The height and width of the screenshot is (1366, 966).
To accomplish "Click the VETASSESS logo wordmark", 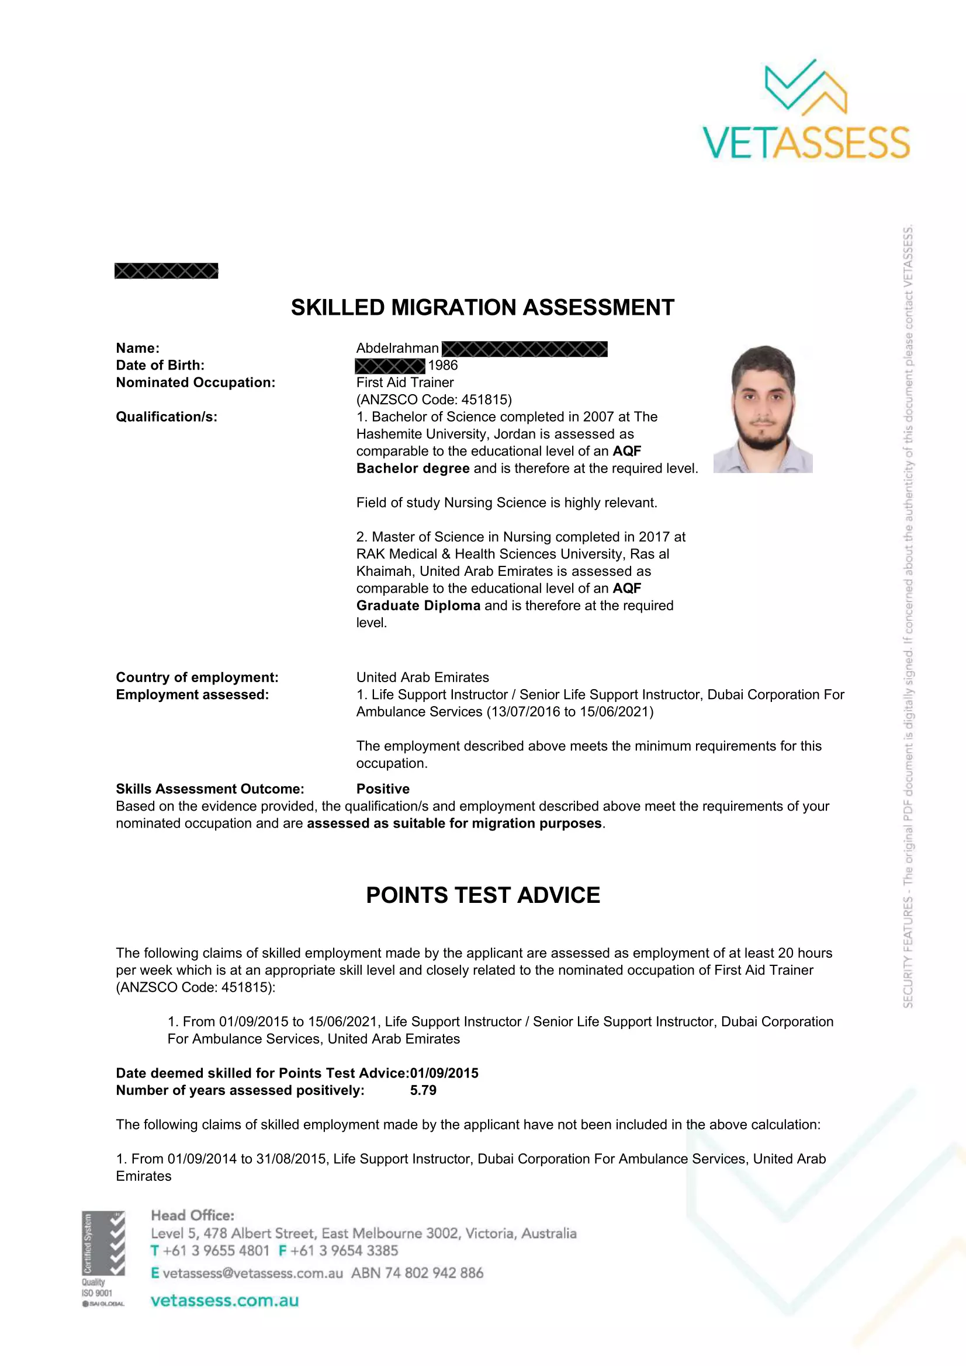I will [806, 142].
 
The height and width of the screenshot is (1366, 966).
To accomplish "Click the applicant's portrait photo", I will [763, 409].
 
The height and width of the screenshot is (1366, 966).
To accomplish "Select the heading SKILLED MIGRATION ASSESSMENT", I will [482, 308].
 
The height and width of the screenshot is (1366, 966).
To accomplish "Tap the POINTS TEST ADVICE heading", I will [483, 895].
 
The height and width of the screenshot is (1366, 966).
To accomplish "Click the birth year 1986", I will [443, 365].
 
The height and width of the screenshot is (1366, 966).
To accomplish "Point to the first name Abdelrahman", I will [397, 348].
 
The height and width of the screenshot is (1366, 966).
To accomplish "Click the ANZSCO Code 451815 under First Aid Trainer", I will [434, 399].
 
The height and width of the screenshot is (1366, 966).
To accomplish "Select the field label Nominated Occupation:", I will [195, 383].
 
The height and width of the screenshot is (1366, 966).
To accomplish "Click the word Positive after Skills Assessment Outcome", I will [383, 789].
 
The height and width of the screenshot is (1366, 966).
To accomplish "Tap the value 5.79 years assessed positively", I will [423, 1090].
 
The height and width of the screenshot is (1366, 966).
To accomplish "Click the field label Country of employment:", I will [197, 677].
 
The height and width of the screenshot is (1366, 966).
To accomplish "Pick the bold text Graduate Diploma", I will [418, 606].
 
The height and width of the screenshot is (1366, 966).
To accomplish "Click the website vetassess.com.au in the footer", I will [224, 1300].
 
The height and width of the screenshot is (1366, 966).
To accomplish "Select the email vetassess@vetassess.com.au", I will [252, 1273].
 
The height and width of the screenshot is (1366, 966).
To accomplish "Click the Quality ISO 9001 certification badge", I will [103, 1258].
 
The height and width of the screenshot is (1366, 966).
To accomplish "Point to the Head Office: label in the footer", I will [193, 1215].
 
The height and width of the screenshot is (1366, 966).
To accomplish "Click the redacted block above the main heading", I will [166, 271].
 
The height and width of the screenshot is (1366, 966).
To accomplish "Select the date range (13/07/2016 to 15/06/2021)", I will [570, 711].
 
